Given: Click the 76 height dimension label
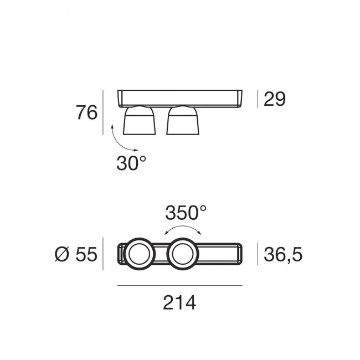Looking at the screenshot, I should (87, 112).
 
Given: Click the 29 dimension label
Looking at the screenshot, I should (274, 99).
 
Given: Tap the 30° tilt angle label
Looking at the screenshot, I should (131, 163).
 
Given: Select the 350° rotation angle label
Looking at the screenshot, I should (186, 213).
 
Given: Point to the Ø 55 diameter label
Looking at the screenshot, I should (76, 255).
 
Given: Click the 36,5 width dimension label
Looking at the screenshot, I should (282, 255).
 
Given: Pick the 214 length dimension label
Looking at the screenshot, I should (179, 303).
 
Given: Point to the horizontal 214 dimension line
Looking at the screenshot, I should (179, 286).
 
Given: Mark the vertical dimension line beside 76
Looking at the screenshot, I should (103, 112).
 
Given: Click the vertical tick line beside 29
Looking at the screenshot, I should (258, 99).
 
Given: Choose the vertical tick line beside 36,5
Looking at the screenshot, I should (258, 255).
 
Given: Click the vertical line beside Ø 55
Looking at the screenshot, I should (103, 255).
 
